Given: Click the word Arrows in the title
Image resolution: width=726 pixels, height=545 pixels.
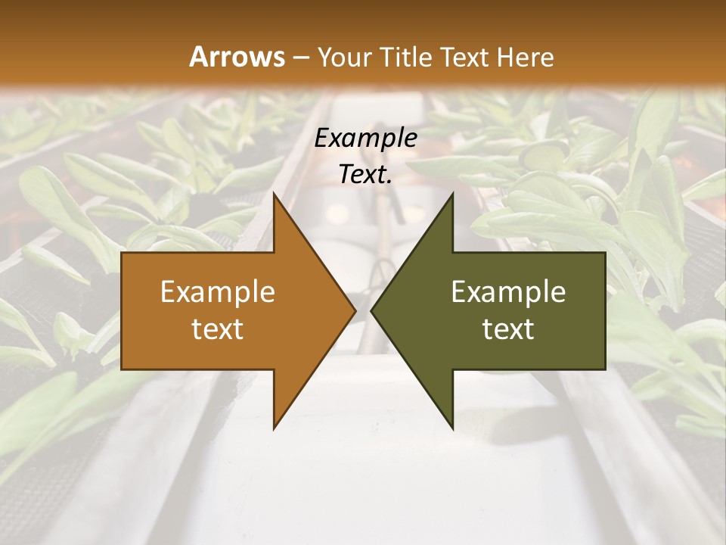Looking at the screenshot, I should coord(237,57).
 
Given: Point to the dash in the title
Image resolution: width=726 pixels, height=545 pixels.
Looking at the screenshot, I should coord(300,58).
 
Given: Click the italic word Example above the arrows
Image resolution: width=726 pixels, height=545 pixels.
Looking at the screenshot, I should coord(366,138).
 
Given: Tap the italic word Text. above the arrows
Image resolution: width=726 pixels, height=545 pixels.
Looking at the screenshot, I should coord(366,174).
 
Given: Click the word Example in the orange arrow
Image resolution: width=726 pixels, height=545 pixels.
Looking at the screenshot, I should coord(218,292).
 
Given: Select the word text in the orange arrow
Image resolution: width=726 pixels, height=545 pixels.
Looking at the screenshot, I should coord(218,329).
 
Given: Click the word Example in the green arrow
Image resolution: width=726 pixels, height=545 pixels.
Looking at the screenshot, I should coord(508,292).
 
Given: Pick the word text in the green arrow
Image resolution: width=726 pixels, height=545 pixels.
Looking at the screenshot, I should coord(508,329).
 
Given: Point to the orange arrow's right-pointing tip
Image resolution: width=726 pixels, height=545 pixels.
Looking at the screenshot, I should coord(355,311).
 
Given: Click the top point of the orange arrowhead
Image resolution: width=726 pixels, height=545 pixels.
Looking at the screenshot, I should coord(275,195).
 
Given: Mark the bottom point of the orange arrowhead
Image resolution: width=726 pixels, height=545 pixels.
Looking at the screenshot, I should coord(275,428).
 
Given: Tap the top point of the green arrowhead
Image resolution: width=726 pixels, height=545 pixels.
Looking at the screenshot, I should coord(452,195).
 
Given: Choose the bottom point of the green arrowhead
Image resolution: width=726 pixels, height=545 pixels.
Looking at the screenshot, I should coord(452,428).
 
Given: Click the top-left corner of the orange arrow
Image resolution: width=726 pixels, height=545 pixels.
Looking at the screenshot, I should coord(123,254).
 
